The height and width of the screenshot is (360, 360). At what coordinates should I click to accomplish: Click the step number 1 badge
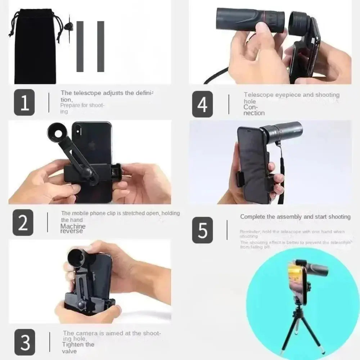click(x=24, y=103)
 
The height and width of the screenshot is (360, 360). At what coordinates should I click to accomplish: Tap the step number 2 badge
click(x=23, y=223)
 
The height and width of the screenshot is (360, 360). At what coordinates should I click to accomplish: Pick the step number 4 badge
click(x=202, y=104)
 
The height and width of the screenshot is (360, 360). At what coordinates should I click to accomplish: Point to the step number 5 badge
click(x=202, y=230)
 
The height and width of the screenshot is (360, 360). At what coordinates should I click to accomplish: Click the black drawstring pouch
click(x=35, y=47)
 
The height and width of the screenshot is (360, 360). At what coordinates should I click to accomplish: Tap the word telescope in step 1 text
click(x=87, y=93)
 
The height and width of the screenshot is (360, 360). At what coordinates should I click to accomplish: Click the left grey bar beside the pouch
click(x=80, y=46)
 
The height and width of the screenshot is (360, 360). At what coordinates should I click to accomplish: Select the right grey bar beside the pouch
click(x=100, y=46)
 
